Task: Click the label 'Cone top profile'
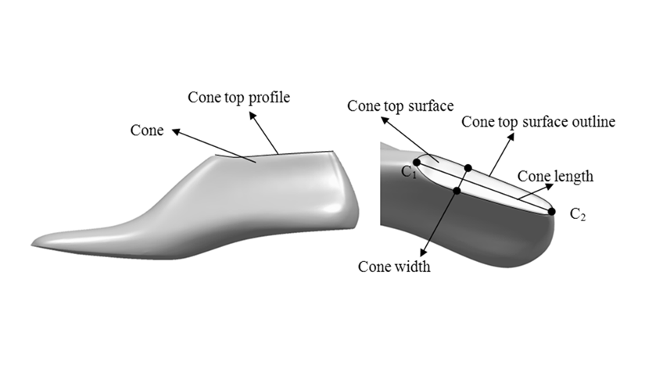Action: [x=239, y=98]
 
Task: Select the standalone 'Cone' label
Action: [x=147, y=131]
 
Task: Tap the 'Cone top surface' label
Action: [x=400, y=106]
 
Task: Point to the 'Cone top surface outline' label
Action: [x=538, y=122]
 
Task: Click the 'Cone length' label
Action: [x=555, y=176]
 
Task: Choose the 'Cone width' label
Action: [x=394, y=267]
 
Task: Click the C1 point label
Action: [x=409, y=172]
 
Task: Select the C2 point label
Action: [x=578, y=214]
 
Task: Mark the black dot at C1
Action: [x=417, y=163]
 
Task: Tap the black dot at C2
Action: [x=552, y=211]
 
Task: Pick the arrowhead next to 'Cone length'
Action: [x=549, y=186]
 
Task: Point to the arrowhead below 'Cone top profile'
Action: [x=253, y=116]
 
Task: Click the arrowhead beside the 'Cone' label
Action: [x=177, y=131]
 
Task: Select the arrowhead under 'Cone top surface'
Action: [x=385, y=120]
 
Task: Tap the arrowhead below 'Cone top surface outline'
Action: [x=511, y=138]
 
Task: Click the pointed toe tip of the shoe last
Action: [x=32, y=245]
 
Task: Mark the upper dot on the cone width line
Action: [x=468, y=168]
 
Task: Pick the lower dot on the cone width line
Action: [x=457, y=191]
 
